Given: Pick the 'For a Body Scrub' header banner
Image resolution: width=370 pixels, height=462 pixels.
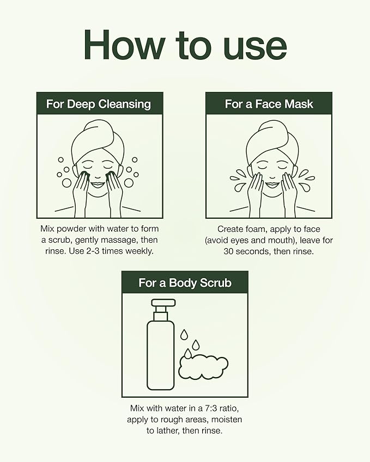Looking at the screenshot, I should pos(185,282).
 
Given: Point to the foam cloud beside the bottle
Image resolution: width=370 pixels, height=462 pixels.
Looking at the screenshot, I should pos(203,366).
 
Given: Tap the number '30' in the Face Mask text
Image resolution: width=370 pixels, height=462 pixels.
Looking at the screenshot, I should pos(230,251).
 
